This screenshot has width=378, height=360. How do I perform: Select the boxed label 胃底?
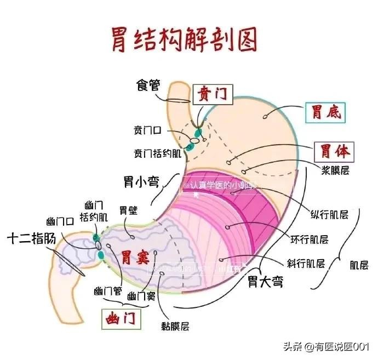coord(327,112)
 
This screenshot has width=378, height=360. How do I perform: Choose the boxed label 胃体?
coord(334,151)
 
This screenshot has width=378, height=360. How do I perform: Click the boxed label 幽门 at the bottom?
coord(121,318)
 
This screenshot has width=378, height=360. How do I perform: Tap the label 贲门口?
coord(147,130)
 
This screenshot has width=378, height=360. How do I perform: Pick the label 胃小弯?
coord(139,181)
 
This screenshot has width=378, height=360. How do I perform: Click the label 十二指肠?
coord(32,239)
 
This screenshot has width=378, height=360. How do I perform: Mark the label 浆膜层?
coord(335,170)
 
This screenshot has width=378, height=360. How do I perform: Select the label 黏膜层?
coord(175,326)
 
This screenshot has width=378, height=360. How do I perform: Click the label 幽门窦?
coord(141,296)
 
